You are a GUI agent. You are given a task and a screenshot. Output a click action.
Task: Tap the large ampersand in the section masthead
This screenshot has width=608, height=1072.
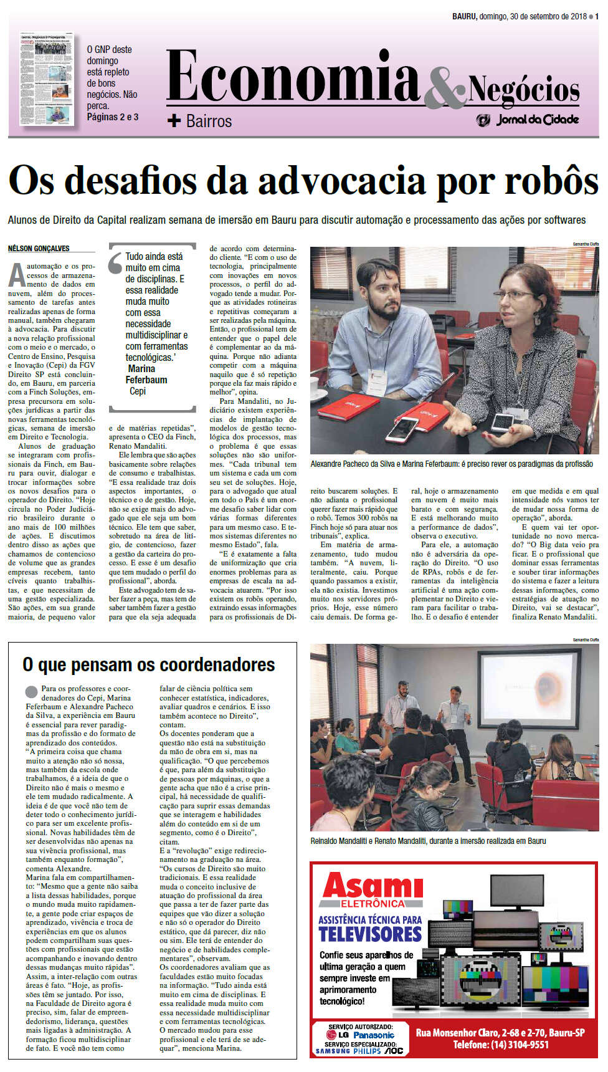pyautogui.click(x=445, y=87)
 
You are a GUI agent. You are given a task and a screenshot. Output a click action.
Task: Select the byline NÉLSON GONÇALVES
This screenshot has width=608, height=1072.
pyautogui.click(x=39, y=249)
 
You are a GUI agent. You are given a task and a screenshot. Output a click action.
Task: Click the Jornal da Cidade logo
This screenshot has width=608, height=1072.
pyautogui.click(x=528, y=120)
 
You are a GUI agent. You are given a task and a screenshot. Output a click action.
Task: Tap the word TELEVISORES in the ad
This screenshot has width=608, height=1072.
pyautogui.click(x=370, y=934)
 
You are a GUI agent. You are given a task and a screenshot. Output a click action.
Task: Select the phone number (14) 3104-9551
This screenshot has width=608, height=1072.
pyautogui.click(x=501, y=1045)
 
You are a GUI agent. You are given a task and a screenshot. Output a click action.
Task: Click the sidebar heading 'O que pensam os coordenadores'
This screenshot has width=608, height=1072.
pyautogui.click(x=148, y=665)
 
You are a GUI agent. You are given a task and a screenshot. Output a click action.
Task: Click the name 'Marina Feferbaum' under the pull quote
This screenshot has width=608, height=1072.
pyautogui.click(x=146, y=374)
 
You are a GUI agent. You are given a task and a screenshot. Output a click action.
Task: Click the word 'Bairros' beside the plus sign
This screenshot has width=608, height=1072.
pyautogui.click(x=209, y=121)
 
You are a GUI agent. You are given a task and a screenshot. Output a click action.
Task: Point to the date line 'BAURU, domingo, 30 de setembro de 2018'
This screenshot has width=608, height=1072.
pyautogui.click(x=520, y=17)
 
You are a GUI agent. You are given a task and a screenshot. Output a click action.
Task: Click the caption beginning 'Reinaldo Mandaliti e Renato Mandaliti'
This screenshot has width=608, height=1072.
pyautogui.click(x=428, y=841)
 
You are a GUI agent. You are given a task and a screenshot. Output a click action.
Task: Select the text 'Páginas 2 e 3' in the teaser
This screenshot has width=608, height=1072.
pyautogui.click(x=113, y=117)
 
